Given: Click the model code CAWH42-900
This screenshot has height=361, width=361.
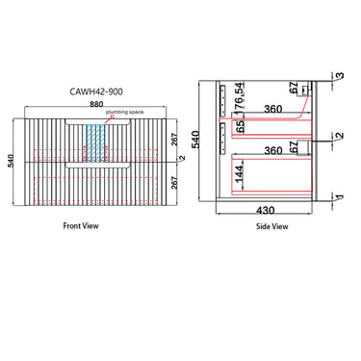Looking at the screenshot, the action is point(96,91).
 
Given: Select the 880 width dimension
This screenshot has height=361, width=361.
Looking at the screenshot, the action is point(96,104).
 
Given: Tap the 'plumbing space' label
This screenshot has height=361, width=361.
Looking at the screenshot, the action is point(125,112).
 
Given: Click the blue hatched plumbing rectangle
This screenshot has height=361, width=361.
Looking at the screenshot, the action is point(95,142).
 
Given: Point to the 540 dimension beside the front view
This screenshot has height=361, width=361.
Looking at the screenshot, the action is point(11,162).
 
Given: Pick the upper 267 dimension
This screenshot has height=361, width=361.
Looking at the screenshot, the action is point(174,140).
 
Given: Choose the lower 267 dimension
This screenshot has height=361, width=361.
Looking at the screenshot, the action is point(174,183).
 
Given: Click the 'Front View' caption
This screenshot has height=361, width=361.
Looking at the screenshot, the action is point(81,226).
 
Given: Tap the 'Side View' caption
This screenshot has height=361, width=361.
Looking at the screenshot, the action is point(271,226).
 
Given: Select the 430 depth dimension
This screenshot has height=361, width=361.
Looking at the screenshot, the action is point(266,210).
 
